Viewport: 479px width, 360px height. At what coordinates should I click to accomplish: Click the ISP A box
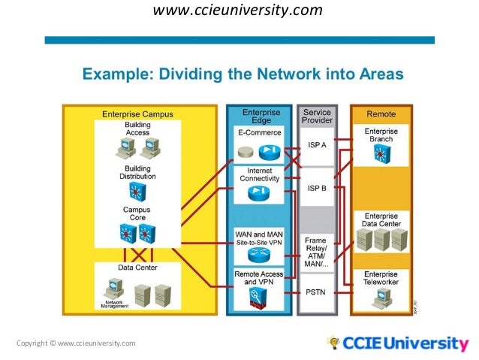pyautogui.click(x=317, y=146)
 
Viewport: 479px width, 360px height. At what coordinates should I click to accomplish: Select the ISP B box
pyautogui.click(x=317, y=189)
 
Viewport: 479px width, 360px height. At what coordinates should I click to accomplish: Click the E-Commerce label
pyautogui.click(x=260, y=132)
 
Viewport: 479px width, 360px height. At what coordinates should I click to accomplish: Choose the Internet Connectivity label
pyautogui.click(x=260, y=174)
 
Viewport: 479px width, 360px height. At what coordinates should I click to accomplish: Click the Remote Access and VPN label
pyautogui.click(x=260, y=278)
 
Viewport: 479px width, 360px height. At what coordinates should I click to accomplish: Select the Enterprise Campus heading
pyautogui.click(x=137, y=114)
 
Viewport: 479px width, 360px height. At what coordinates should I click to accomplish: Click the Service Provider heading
pyautogui.click(x=317, y=116)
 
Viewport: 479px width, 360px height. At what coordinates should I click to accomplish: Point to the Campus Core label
pyautogui.click(x=137, y=213)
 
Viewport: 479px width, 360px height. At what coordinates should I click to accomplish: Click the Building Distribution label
pyautogui.click(x=137, y=172)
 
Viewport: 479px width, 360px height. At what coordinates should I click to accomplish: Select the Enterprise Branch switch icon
pyautogui.click(x=381, y=152)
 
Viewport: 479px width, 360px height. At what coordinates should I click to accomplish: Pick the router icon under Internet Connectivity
pyautogui.click(x=258, y=193)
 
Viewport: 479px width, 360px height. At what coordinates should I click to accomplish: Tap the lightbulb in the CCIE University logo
pyautogui.click(x=333, y=343)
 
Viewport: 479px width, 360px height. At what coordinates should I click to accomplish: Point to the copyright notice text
pyautogui.click(x=76, y=343)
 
